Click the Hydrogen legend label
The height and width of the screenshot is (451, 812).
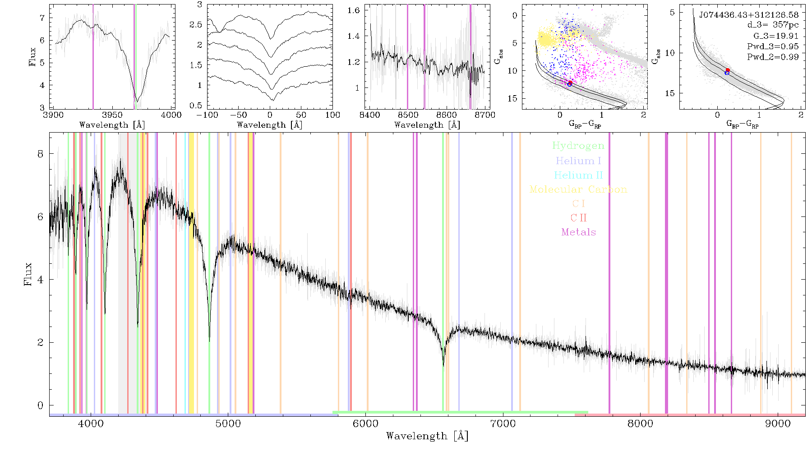coord(578,146)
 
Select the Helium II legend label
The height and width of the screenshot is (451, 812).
coord(578,175)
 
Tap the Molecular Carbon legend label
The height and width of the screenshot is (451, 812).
coord(578,189)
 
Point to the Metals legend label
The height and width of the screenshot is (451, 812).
coord(578,232)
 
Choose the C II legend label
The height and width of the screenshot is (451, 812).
coord(578,218)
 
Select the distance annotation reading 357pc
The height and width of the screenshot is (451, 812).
coord(785,25)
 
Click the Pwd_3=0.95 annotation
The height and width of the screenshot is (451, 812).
coord(773,46)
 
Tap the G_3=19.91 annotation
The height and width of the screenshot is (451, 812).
coord(776,36)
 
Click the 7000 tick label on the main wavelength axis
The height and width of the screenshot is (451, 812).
coord(503,423)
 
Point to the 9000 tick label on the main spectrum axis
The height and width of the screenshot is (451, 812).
coord(777,423)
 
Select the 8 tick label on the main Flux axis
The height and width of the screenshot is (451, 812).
coord(41,154)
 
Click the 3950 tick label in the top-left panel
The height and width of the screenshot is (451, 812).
coord(112,115)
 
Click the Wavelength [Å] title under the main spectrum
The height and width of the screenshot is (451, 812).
coord(427,436)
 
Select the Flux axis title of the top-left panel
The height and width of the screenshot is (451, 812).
coord(32,57)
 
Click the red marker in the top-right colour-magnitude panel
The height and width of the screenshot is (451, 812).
coord(728,70)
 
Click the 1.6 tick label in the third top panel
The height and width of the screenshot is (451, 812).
coord(354,10)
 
